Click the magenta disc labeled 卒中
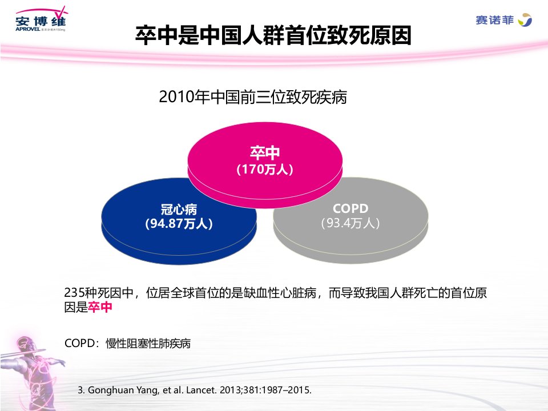265,164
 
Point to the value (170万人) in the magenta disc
264,170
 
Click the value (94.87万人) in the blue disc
179,224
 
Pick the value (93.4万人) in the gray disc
350,223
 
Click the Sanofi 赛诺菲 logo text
494,21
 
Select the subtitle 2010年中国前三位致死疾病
253,97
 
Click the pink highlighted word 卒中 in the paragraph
100,307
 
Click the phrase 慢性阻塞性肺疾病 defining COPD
148,343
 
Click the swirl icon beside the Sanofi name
525,20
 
